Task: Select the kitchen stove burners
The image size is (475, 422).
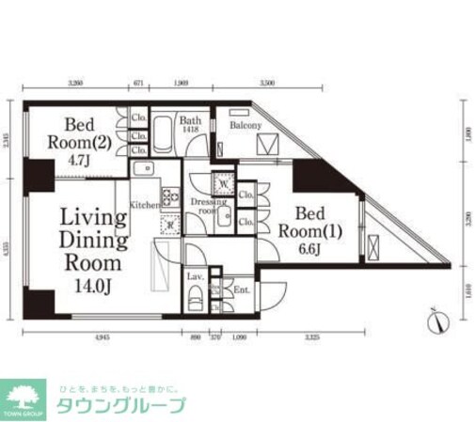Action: click(171, 197)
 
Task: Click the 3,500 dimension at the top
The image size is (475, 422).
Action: click(267, 84)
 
